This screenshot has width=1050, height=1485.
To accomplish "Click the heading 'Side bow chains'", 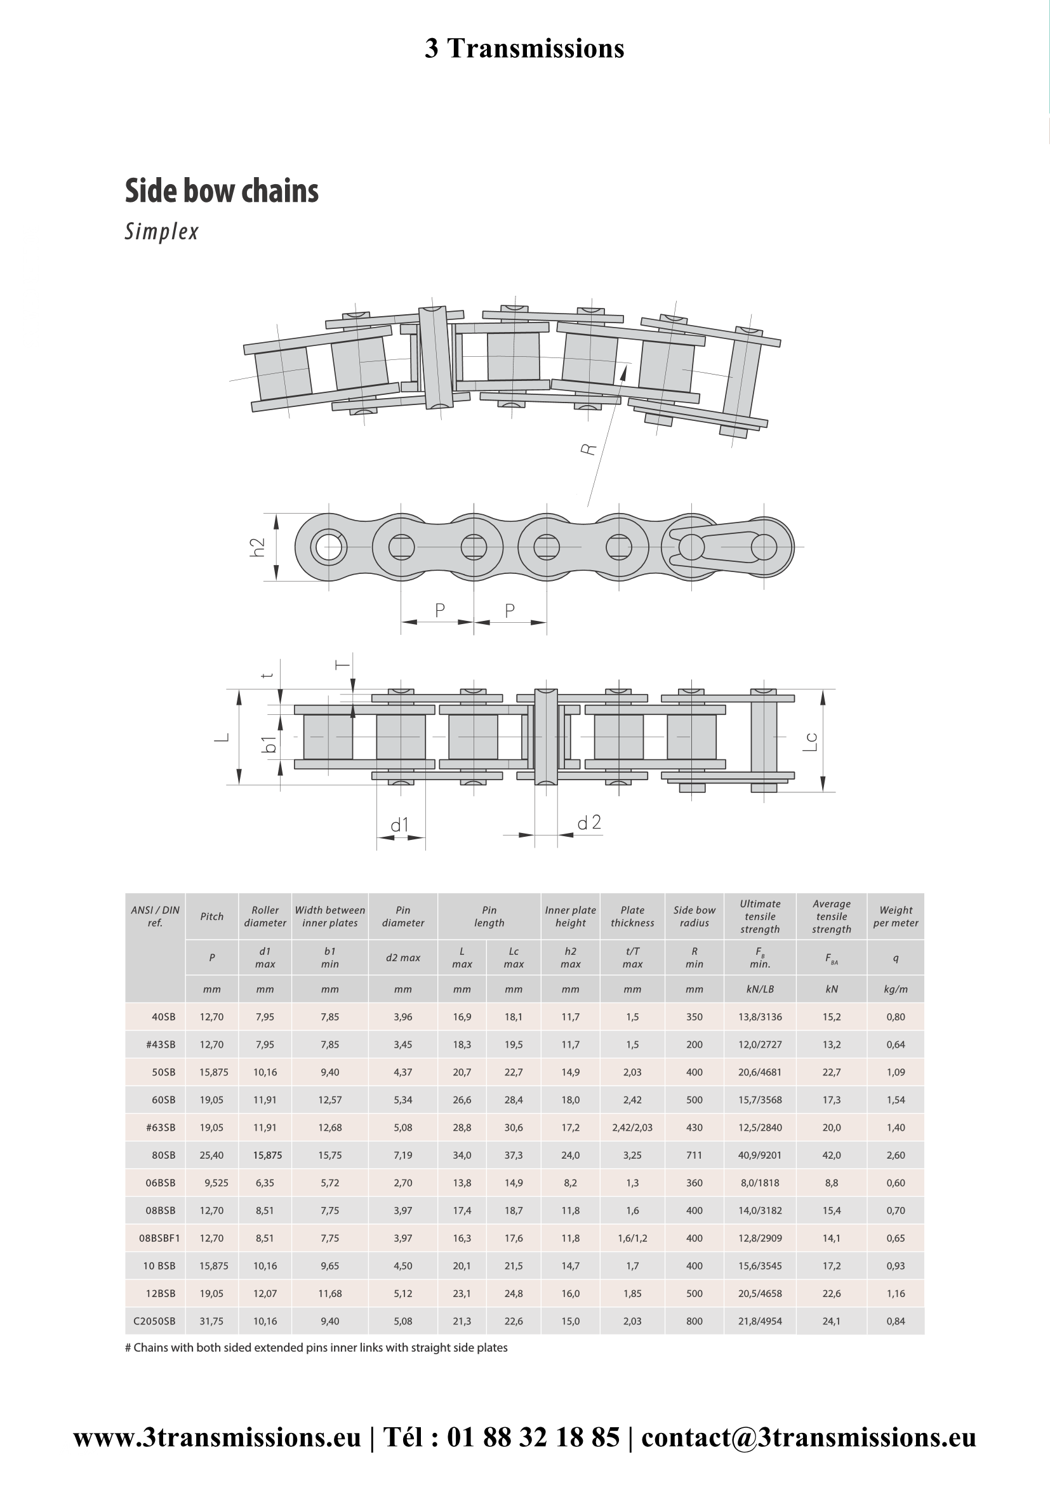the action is pyautogui.click(x=222, y=191).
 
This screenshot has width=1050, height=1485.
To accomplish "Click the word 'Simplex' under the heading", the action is pyautogui.click(x=162, y=232).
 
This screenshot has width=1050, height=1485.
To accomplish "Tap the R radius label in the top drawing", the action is pyautogui.click(x=589, y=448).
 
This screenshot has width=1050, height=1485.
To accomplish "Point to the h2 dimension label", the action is pyautogui.click(x=258, y=547).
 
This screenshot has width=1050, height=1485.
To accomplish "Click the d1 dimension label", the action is pyautogui.click(x=400, y=825).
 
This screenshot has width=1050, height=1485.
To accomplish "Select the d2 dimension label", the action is pyautogui.click(x=589, y=822).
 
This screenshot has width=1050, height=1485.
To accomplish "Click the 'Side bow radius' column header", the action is pyautogui.click(x=694, y=917).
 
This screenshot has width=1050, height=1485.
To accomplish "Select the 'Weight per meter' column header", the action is pyautogui.click(x=896, y=917).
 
